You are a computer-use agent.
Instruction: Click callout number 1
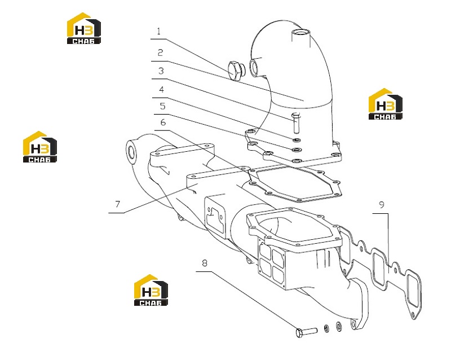(x=159, y=31)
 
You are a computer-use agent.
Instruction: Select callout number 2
(x=161, y=52)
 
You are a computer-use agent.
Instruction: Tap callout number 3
(x=161, y=71)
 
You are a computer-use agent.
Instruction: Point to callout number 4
(x=162, y=90)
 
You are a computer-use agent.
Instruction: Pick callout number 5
(x=163, y=106)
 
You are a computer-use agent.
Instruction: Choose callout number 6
(x=163, y=122)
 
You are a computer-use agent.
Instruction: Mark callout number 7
(x=118, y=204)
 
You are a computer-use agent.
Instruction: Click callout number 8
(x=205, y=263)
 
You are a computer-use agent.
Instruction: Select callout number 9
(x=382, y=205)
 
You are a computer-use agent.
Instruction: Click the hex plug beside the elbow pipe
(x=236, y=71)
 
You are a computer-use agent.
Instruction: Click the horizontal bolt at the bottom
(x=306, y=332)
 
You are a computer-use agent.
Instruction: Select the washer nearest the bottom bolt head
(x=326, y=328)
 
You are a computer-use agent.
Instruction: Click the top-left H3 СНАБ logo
(x=83, y=28)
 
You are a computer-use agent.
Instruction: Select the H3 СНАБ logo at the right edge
(x=386, y=104)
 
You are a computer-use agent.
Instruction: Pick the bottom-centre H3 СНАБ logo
(x=151, y=290)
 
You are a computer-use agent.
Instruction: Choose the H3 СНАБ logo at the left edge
(x=40, y=147)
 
